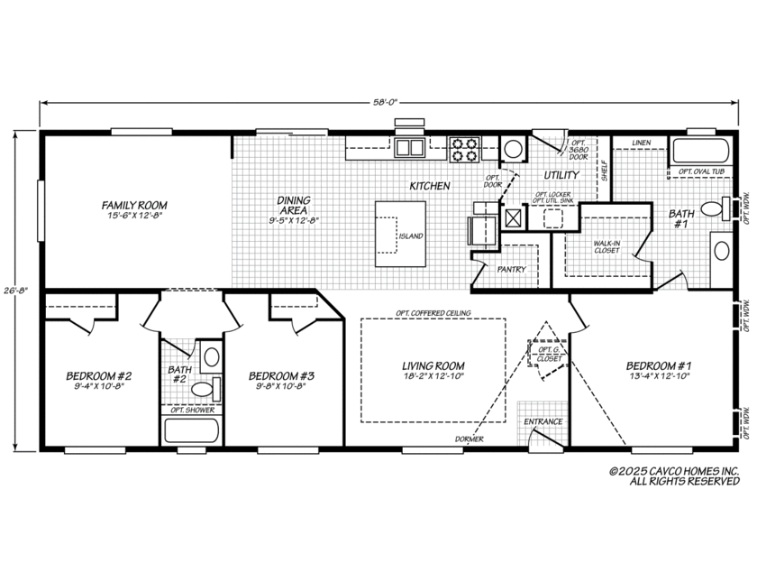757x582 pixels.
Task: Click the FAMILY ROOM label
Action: point(134,206)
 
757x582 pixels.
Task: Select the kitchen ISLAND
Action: point(401,235)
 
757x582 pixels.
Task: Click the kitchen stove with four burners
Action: point(464,148)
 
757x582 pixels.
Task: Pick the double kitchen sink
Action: point(410,148)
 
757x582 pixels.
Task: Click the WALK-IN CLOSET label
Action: point(605,246)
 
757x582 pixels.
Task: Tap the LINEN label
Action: point(641,143)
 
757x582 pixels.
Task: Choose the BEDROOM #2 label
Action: point(99,376)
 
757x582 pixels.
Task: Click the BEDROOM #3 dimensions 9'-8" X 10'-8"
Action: point(281,389)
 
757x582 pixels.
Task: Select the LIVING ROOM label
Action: point(427,365)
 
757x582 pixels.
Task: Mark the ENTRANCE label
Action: point(543,421)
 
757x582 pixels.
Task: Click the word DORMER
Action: point(469,439)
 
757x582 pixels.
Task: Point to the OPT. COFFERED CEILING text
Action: point(433,313)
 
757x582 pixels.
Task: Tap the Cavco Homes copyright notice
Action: point(674,476)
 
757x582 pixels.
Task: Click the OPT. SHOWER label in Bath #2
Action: point(192,411)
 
